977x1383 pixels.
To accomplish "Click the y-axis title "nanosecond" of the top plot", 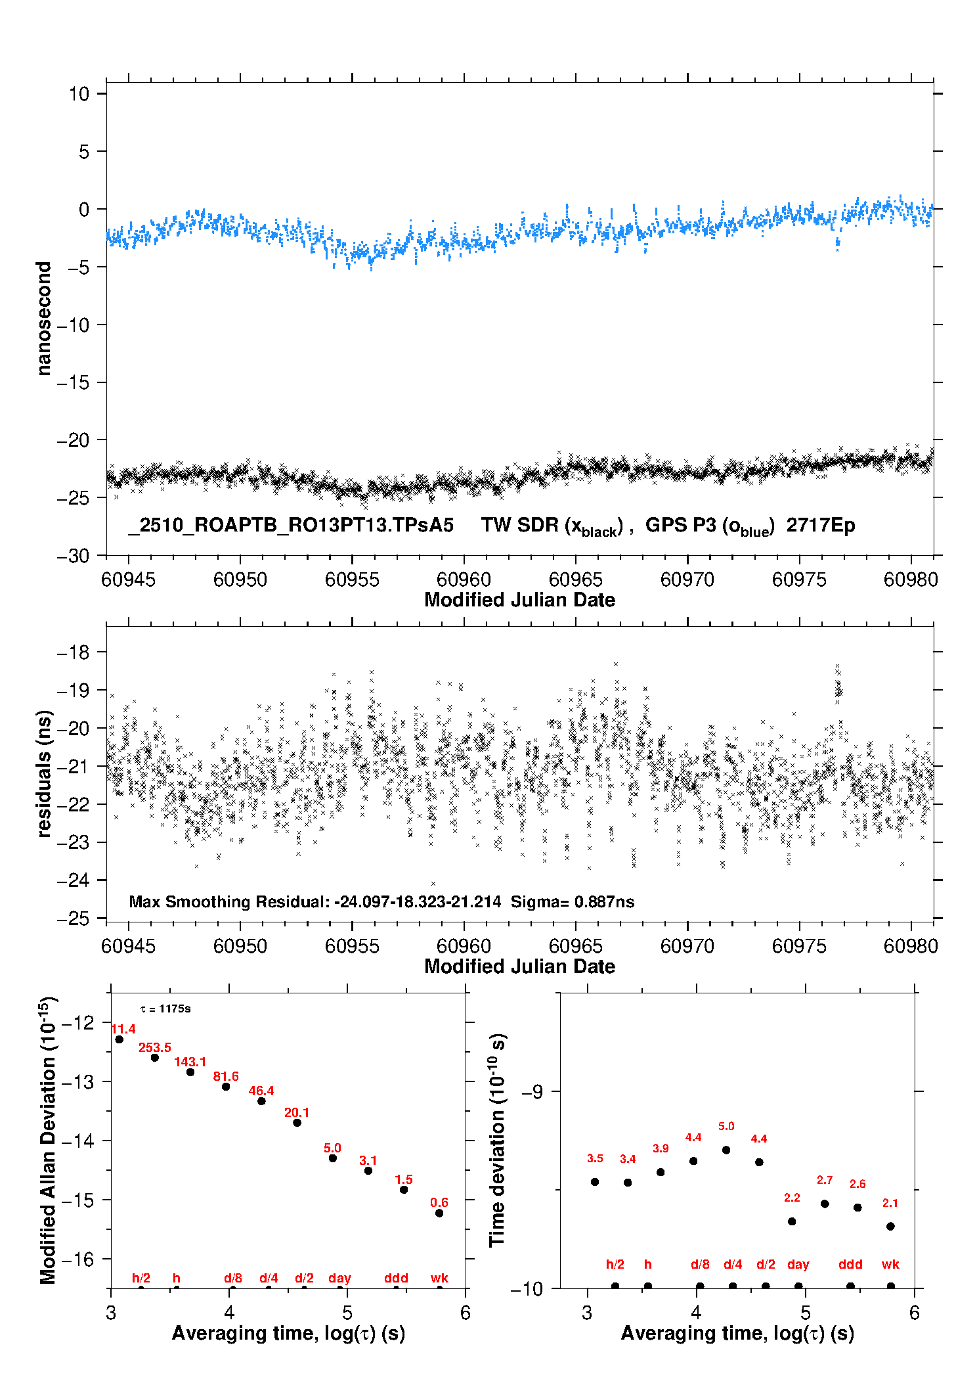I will click(x=43, y=318).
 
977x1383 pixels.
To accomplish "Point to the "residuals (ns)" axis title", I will click(x=43, y=773).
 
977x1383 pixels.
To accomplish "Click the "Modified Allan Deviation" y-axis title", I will click(x=47, y=1141).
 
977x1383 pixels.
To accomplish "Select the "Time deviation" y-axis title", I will click(x=497, y=1140).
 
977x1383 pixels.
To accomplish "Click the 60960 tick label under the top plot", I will click(x=464, y=579).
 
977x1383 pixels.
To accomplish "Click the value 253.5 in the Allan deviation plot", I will click(x=154, y=1048).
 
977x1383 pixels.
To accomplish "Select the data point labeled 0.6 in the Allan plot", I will click(x=439, y=1213).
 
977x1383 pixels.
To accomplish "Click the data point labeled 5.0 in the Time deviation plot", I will click(x=726, y=1150).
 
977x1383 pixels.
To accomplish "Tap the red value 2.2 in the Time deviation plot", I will click(x=792, y=1198).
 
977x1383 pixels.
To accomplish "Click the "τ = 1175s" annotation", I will click(x=165, y=1009).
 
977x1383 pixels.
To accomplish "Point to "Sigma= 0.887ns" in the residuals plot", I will click(x=573, y=902).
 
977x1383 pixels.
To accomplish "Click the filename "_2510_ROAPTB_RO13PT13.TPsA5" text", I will click(x=291, y=526).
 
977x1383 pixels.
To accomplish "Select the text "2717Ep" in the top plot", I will click(x=821, y=526).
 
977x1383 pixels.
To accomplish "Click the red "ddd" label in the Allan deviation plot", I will click(x=396, y=1278).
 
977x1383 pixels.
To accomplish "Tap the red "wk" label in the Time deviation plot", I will click(x=890, y=1264).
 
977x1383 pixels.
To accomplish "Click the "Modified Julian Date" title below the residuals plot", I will click(x=519, y=966).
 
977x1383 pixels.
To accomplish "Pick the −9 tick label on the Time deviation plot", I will click(x=532, y=1092).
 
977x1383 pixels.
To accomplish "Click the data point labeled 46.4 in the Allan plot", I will click(x=261, y=1101).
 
